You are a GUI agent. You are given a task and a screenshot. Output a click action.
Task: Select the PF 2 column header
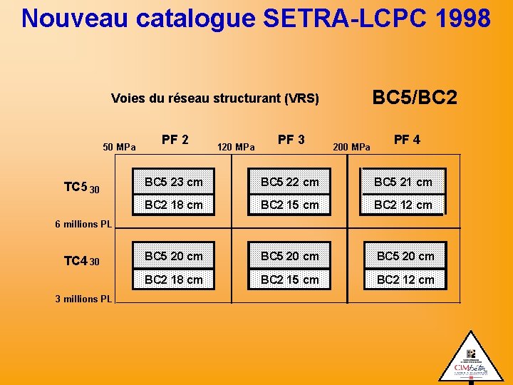[175, 140]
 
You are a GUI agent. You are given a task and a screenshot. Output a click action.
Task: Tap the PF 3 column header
[291, 140]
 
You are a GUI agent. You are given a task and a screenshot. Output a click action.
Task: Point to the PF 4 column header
[407, 140]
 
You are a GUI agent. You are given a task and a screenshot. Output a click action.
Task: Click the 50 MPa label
[120, 148]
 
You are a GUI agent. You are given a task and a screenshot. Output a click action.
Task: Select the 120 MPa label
[236, 148]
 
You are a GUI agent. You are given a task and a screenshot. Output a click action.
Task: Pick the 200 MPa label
[352, 148]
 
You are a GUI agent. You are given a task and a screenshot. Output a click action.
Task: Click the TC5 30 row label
[81, 188]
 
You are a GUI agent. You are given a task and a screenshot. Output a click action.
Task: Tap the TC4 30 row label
[81, 262]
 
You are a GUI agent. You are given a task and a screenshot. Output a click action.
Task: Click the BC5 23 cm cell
[174, 182]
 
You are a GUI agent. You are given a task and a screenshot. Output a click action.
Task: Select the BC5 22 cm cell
[290, 182]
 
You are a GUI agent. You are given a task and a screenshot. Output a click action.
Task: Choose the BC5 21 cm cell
[403, 182]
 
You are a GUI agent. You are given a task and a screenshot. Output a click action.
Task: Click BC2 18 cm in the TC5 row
[174, 205]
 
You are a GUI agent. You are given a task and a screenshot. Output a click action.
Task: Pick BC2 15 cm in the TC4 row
[290, 279]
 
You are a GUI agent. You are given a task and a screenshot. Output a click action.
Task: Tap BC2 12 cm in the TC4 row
[405, 279]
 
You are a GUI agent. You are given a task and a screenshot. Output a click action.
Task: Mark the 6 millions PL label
[83, 224]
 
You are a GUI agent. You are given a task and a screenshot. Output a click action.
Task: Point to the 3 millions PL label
[83, 299]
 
